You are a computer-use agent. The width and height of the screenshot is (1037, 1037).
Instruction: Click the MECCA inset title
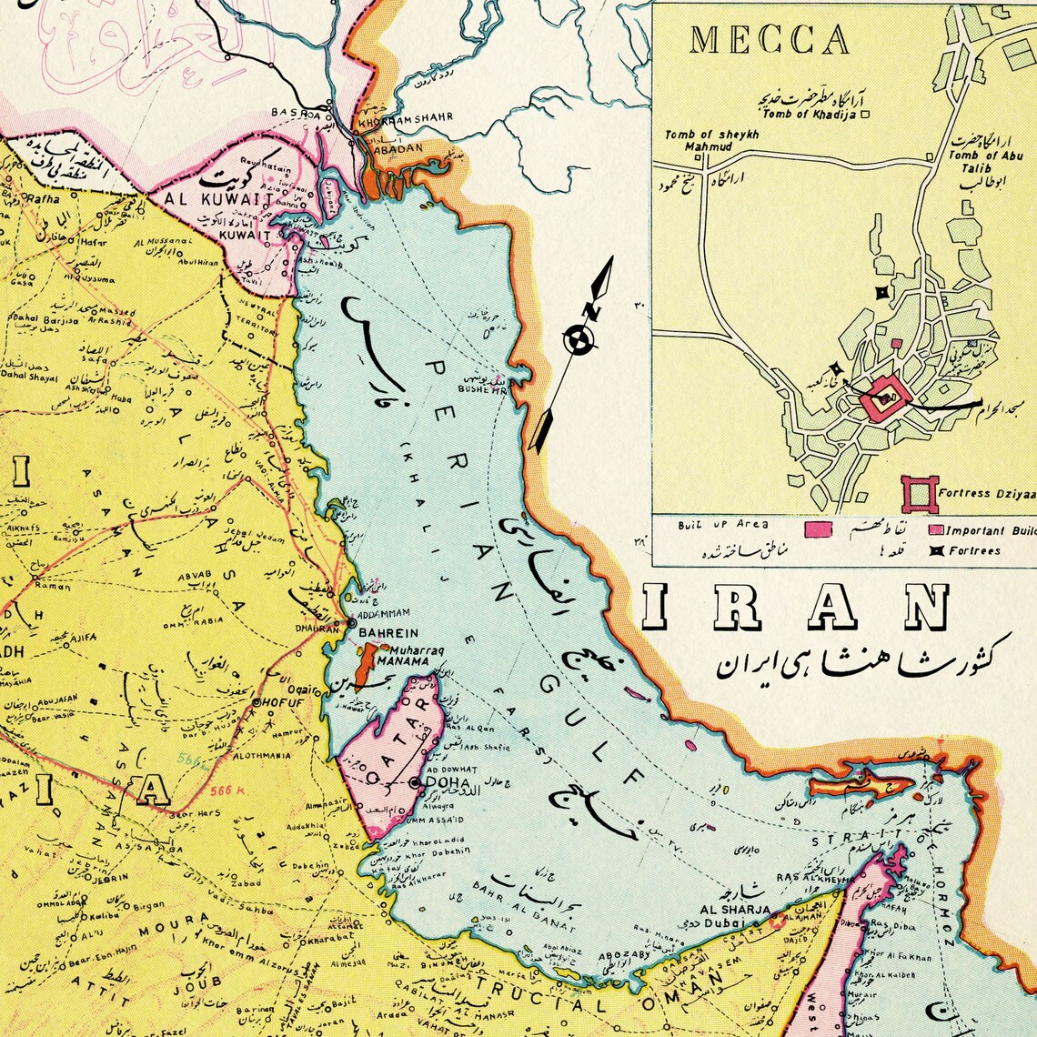coord(770,40)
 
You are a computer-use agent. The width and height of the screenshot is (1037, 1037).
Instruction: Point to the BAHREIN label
coord(388,632)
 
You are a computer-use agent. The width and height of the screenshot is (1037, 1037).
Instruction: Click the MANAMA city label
coord(402,661)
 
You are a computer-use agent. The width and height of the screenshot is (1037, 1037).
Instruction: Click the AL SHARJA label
coord(735,909)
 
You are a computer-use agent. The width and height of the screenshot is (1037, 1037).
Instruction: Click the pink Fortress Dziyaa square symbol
coord(919,493)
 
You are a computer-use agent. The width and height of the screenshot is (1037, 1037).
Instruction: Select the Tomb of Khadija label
coord(810,114)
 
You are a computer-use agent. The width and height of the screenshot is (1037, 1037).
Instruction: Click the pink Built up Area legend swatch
coord(819,529)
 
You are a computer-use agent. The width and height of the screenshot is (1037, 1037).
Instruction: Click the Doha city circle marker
coord(415,782)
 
